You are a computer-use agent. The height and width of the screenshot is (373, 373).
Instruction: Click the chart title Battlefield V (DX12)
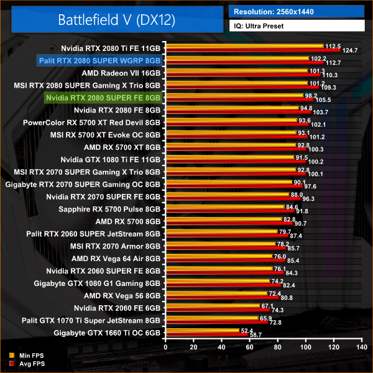pyautogui.click(x=117, y=19)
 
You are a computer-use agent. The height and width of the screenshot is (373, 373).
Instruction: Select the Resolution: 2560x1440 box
pyautogui.click(x=296, y=11)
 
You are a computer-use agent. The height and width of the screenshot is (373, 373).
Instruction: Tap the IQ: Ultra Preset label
pyautogui.click(x=296, y=26)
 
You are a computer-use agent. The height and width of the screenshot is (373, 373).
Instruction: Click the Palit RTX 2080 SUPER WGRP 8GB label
pyautogui.click(x=99, y=60)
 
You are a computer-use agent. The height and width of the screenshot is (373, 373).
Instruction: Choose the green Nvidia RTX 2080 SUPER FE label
pyautogui.click(x=103, y=98)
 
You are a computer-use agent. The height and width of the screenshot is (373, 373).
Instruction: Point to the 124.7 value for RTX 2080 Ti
pyautogui.click(x=351, y=50)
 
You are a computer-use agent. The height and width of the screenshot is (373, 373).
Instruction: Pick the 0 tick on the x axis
pyautogui.click(x=165, y=347)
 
